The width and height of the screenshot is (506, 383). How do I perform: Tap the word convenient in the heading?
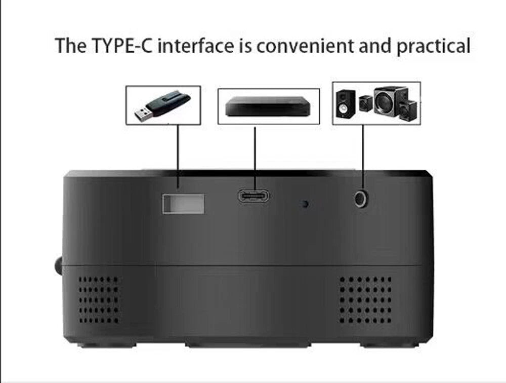coord(305,46)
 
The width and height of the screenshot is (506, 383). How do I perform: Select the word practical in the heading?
coord(433,46)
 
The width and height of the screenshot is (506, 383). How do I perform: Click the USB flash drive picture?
coord(162,106)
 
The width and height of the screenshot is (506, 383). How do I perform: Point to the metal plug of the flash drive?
coord(143,114)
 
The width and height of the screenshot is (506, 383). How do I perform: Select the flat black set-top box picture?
coord(268,106)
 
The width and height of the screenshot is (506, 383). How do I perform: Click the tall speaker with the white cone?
coord(345,103)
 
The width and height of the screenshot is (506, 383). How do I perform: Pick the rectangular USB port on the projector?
coord(183,204)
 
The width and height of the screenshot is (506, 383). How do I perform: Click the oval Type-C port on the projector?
coord(254,196)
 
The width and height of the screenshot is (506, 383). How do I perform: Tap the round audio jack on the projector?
coord(361,199)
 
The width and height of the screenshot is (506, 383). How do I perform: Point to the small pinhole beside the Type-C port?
coord(305,204)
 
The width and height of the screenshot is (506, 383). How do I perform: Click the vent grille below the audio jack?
coord(365,299)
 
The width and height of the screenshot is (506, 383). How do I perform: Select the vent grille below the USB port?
coord(99,299)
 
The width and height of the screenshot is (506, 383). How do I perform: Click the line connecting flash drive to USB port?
coord(178,157)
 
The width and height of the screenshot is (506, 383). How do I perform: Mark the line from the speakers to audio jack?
coord(363,158)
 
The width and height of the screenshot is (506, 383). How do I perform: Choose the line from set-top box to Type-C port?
coord(255,159)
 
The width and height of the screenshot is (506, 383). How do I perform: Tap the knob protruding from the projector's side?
coord(58,265)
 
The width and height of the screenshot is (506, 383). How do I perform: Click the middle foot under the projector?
coord(248,345)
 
